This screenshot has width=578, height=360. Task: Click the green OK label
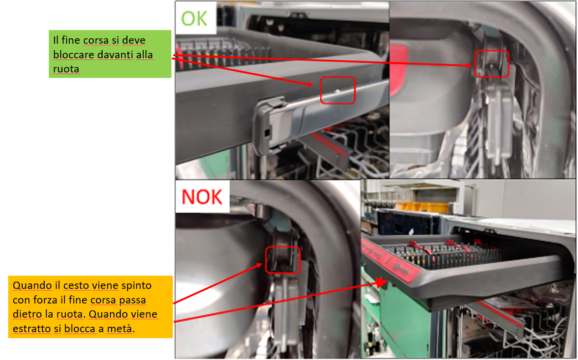[194, 19]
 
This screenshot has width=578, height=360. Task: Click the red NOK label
[202, 197]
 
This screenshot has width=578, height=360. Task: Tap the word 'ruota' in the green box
[66, 69]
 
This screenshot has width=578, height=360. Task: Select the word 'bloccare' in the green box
[73, 55]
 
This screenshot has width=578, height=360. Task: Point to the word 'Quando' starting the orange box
[32, 285]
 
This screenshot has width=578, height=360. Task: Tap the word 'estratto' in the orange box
[32, 329]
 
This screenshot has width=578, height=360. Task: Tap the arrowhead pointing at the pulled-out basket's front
[382, 283]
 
